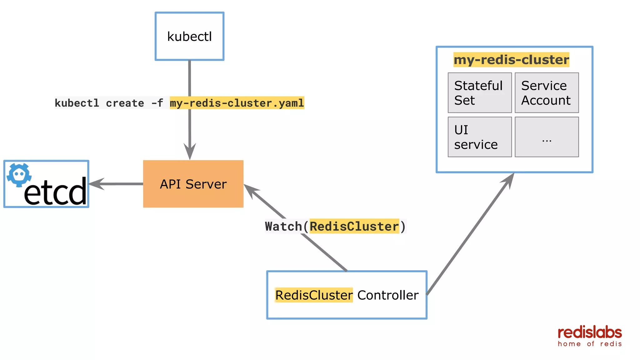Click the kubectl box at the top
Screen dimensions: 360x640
pyautogui.click(x=189, y=36)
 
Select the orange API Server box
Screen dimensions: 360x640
pyautogui.click(x=193, y=184)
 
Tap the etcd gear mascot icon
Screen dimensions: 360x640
pyautogui.click(x=19, y=175)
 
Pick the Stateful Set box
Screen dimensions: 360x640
pyautogui.click(x=479, y=93)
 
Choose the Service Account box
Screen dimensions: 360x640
pyautogui.click(x=547, y=93)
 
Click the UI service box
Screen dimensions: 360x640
pyautogui.click(x=479, y=137)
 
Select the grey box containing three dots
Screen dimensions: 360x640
pyautogui.click(x=547, y=137)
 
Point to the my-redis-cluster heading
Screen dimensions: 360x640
pyautogui.click(x=511, y=60)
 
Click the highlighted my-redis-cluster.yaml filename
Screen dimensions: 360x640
pyautogui.click(x=237, y=103)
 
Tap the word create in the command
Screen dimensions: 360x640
pyautogui.click(x=125, y=103)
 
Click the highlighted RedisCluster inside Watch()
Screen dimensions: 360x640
pyautogui.click(x=354, y=226)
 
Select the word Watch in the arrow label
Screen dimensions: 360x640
pyautogui.click(x=283, y=226)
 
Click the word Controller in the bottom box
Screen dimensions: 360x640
pyautogui.click(x=388, y=295)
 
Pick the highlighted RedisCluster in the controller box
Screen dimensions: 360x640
pyautogui.click(x=314, y=295)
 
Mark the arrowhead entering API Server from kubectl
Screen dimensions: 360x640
pyautogui.click(x=190, y=152)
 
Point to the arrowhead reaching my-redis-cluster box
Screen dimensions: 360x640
pyautogui.click(x=509, y=180)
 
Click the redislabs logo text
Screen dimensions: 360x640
pyautogui.click(x=590, y=333)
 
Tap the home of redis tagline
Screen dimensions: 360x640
pyautogui.click(x=590, y=344)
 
